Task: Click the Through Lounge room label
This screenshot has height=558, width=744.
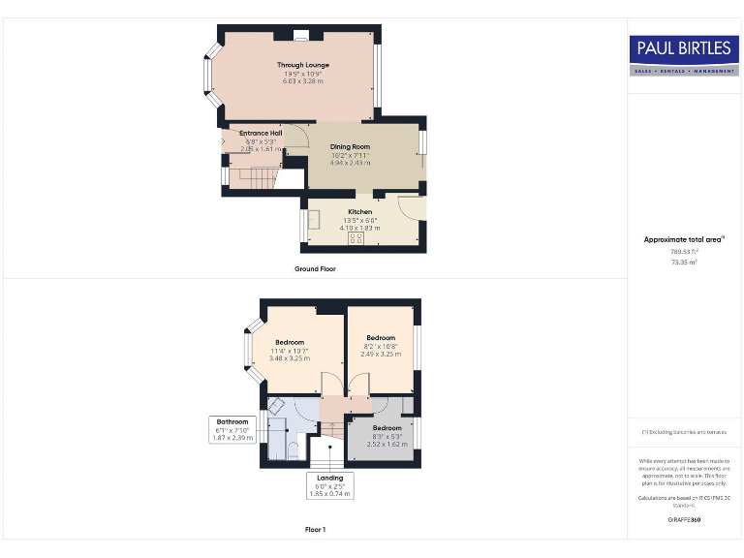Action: pos(302,66)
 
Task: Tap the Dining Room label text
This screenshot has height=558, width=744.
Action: pos(350,146)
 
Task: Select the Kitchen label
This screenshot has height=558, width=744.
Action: pos(359,211)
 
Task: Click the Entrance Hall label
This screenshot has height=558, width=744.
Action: pos(261,133)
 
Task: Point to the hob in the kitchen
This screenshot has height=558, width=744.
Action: pos(356,237)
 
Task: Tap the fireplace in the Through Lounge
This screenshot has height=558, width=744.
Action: pos(301,38)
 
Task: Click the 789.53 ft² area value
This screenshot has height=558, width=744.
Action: pos(684,252)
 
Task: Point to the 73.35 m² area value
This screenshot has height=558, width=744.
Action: pos(684,262)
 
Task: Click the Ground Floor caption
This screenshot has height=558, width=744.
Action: pos(315,268)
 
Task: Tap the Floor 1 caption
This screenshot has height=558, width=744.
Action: pos(315,530)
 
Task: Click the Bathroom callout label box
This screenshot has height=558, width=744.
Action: pos(232,430)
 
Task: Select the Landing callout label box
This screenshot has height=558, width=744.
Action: pos(330,485)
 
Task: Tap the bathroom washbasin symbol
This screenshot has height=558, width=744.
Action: pos(276,408)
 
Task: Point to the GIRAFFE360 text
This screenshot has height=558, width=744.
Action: pos(684,520)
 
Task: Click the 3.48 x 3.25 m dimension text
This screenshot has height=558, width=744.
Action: pos(290,358)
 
